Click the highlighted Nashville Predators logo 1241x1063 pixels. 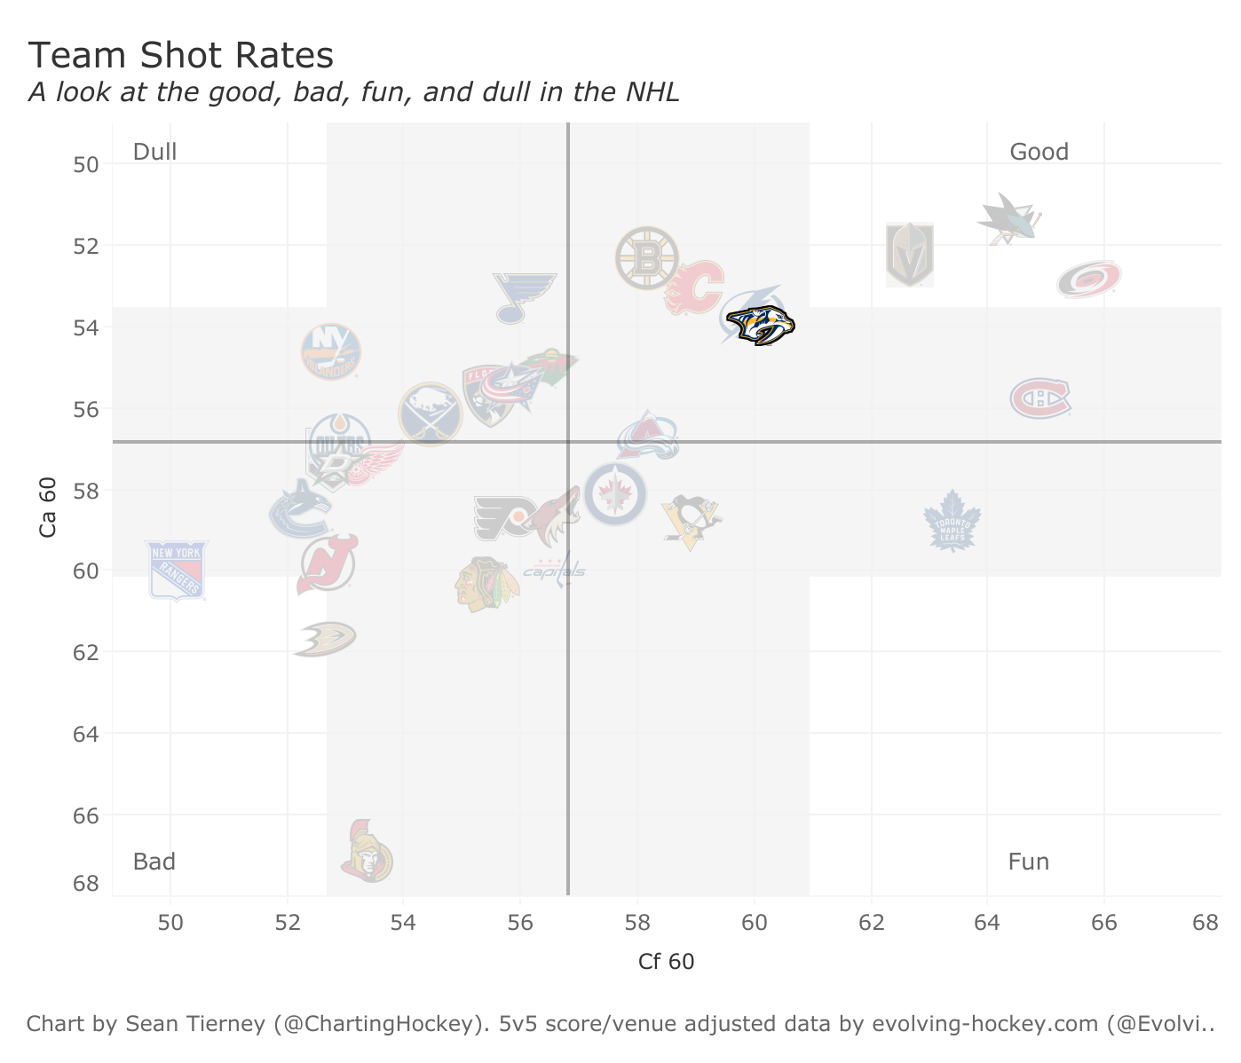(x=760, y=325)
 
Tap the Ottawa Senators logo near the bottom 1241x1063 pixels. (x=366, y=853)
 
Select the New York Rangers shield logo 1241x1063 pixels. (x=177, y=570)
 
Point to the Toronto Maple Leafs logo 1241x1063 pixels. (x=952, y=522)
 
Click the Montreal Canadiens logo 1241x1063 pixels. (x=1039, y=398)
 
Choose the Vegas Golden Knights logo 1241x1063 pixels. (x=910, y=255)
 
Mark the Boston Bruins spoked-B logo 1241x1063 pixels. (x=647, y=258)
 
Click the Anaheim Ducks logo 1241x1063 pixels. (x=325, y=639)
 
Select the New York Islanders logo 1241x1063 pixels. (x=331, y=351)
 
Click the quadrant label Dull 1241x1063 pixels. (x=155, y=152)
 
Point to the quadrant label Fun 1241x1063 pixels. (x=1029, y=862)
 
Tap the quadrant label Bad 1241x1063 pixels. (x=154, y=862)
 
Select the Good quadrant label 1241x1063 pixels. (x=1039, y=152)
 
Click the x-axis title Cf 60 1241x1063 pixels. (x=666, y=962)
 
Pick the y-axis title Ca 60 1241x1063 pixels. (x=49, y=507)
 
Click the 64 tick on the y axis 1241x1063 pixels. (x=86, y=734)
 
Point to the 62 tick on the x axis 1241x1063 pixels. (x=872, y=922)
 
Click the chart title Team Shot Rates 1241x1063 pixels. (x=181, y=56)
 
